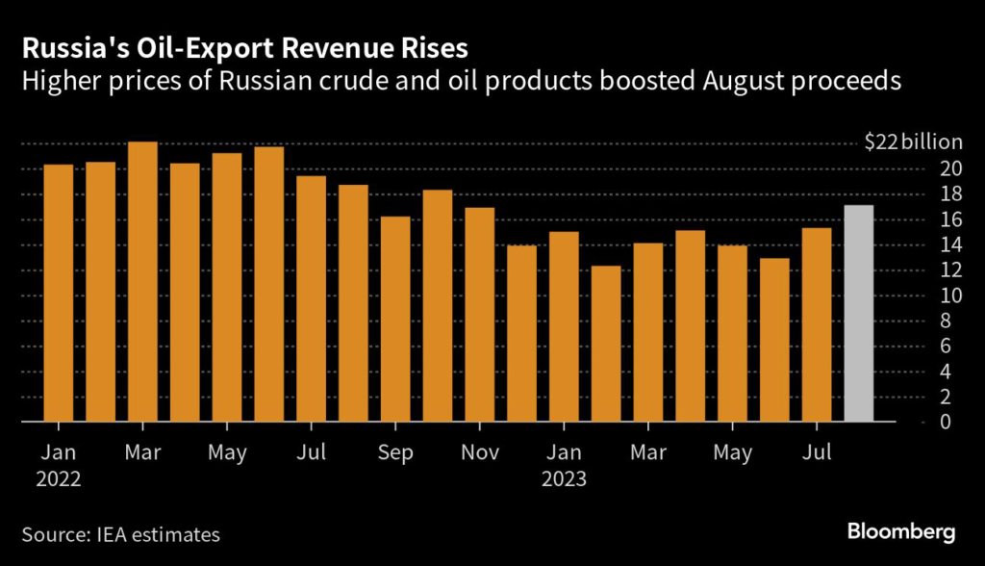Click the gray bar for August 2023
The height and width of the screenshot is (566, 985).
858,314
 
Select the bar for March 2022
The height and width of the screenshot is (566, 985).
142,282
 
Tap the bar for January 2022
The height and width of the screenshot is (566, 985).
59,294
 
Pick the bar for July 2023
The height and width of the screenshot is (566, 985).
816,324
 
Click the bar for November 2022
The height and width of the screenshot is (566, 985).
479,315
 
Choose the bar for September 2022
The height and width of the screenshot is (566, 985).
395,320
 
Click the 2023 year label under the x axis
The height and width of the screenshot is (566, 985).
564,477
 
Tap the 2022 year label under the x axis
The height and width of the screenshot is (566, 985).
59,477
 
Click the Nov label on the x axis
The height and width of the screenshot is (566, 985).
479,450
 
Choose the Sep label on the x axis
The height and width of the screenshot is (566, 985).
395,450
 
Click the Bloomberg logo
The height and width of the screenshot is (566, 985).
900,532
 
